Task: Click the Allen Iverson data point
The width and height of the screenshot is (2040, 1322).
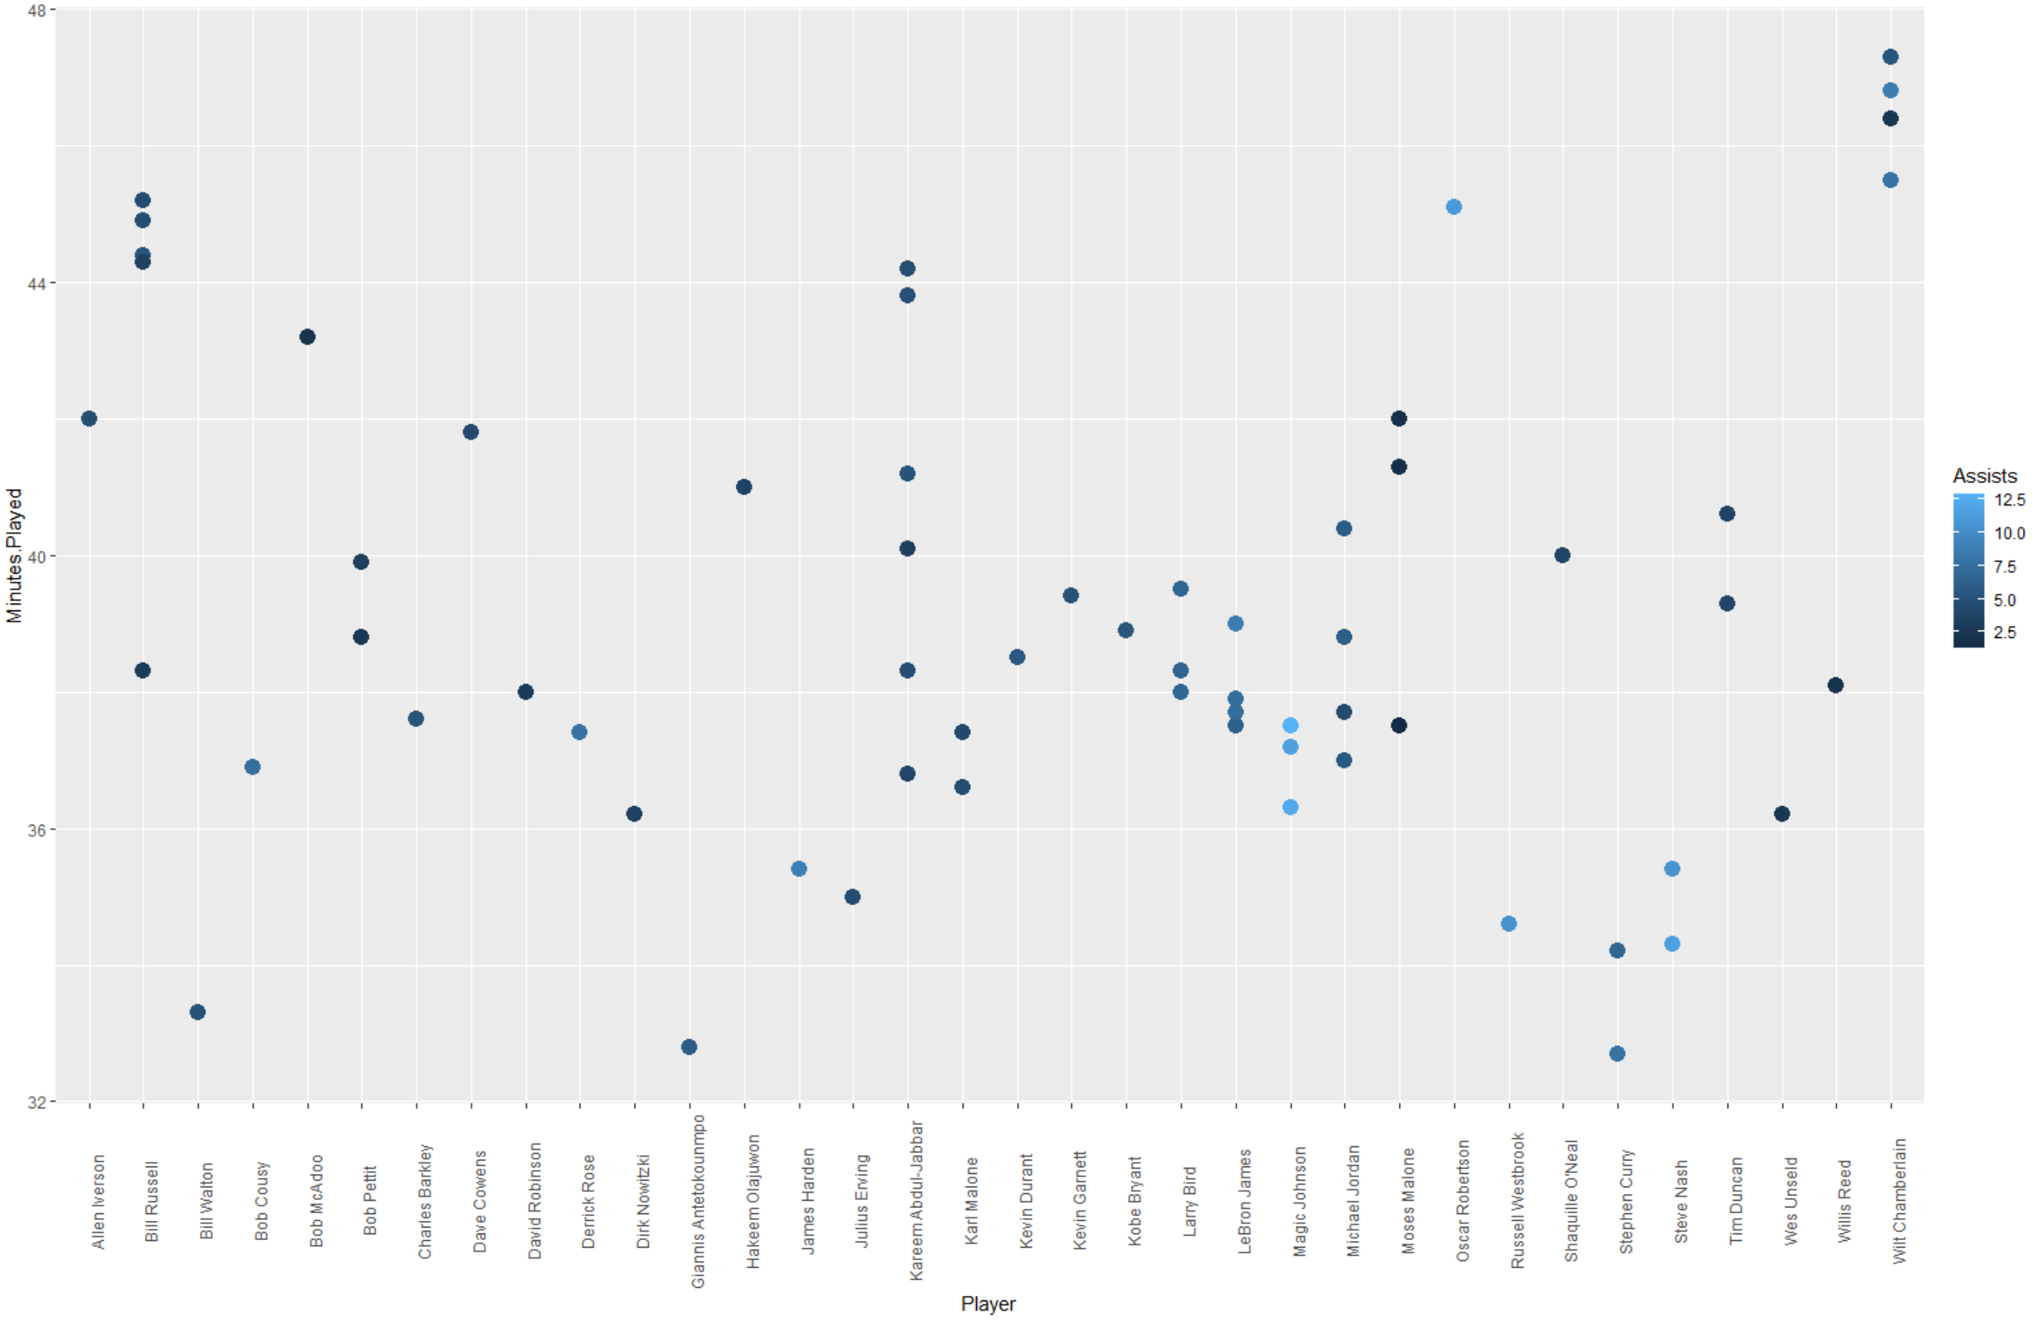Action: click(89, 418)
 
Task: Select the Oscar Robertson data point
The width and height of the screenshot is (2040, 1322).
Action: click(1454, 207)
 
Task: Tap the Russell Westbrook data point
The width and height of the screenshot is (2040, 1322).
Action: click(1509, 923)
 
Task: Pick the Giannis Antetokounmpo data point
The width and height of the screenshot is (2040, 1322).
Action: click(689, 1047)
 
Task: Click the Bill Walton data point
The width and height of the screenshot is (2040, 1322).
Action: click(198, 1012)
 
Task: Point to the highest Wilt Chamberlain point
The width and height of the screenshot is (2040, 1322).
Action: click(1890, 57)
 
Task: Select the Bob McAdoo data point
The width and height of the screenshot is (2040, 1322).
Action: click(307, 337)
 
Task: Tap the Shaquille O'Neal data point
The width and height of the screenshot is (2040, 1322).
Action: click(1562, 555)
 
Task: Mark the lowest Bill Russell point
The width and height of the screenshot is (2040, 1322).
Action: click(143, 671)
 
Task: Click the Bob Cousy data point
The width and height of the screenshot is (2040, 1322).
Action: click(253, 767)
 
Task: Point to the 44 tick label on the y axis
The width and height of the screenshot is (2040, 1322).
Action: click(36, 283)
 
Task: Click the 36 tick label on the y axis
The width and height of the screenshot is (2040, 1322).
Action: click(36, 830)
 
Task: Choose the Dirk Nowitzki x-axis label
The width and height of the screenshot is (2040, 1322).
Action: click(644, 1200)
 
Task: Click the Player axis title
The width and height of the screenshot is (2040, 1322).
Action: click(987, 1304)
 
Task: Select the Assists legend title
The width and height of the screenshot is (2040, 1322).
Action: click(1984, 476)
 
